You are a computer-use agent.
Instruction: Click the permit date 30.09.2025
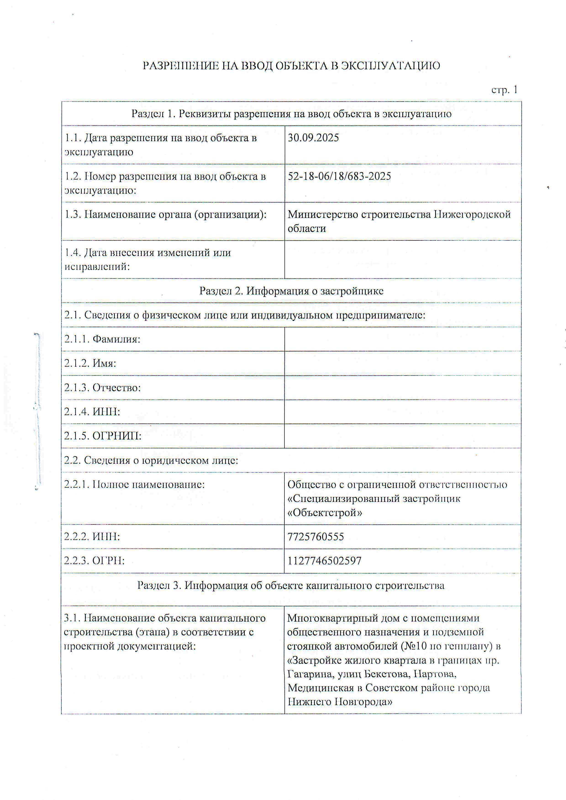[x=313, y=138]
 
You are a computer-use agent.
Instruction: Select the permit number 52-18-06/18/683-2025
[x=339, y=176]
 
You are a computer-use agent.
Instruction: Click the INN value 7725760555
[x=315, y=537]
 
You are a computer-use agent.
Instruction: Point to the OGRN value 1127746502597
[x=324, y=561]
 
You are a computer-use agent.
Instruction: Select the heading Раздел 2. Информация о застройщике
[x=291, y=291]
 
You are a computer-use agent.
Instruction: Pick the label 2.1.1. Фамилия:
[x=102, y=339]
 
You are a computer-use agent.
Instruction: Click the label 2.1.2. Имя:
[x=90, y=363]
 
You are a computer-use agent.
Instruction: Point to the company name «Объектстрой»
[x=324, y=513]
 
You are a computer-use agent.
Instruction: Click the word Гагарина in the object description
[x=310, y=674]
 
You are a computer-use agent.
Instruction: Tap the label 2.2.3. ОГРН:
[x=94, y=561]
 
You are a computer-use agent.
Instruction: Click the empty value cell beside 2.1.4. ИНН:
[x=403, y=412]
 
